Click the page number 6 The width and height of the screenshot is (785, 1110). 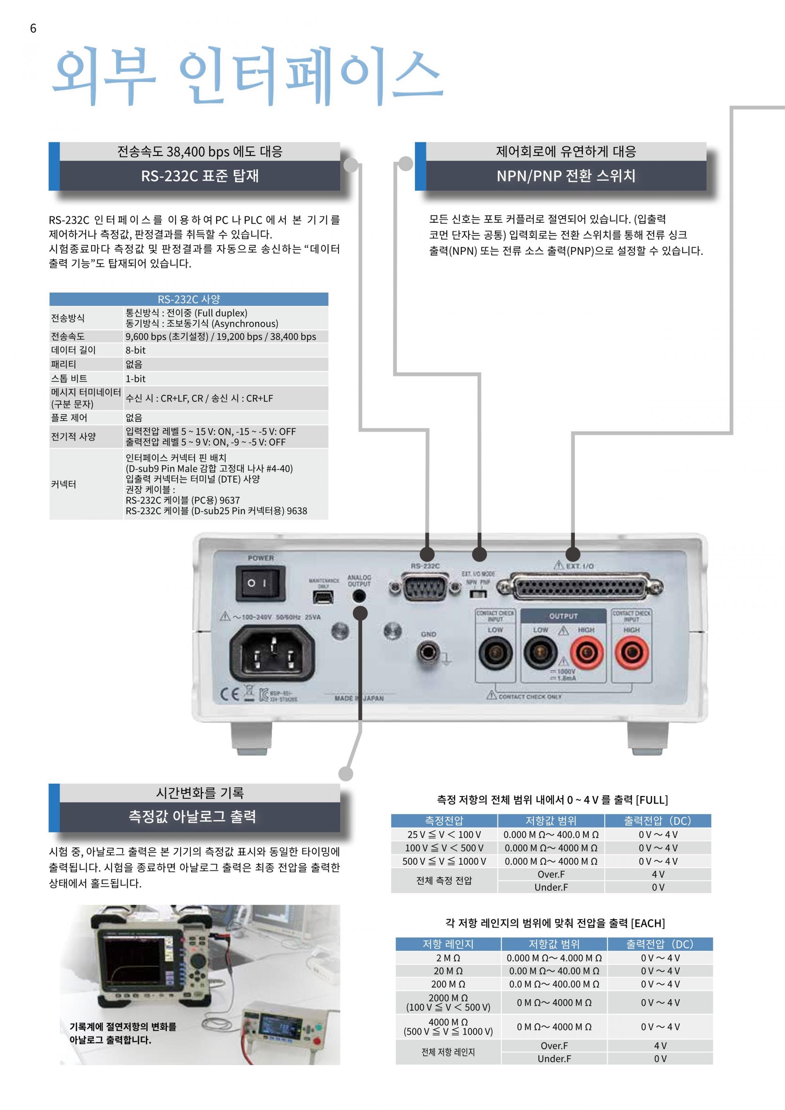[x=33, y=29]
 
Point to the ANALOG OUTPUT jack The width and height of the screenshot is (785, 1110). [x=359, y=596]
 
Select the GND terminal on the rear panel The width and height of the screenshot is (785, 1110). [x=428, y=653]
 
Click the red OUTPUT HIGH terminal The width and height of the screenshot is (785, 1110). [x=587, y=654]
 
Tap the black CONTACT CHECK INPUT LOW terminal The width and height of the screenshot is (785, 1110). [x=495, y=654]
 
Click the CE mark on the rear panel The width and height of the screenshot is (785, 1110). [x=230, y=694]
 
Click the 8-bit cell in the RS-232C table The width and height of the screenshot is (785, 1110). [x=136, y=350]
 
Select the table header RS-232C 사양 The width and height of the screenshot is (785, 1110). [x=188, y=299]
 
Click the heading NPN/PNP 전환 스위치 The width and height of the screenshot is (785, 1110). [x=565, y=175]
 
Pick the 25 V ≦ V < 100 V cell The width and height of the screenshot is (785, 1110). [x=444, y=834]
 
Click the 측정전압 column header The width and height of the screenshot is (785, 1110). [x=444, y=821]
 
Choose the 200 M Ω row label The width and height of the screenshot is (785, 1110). [x=448, y=984]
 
